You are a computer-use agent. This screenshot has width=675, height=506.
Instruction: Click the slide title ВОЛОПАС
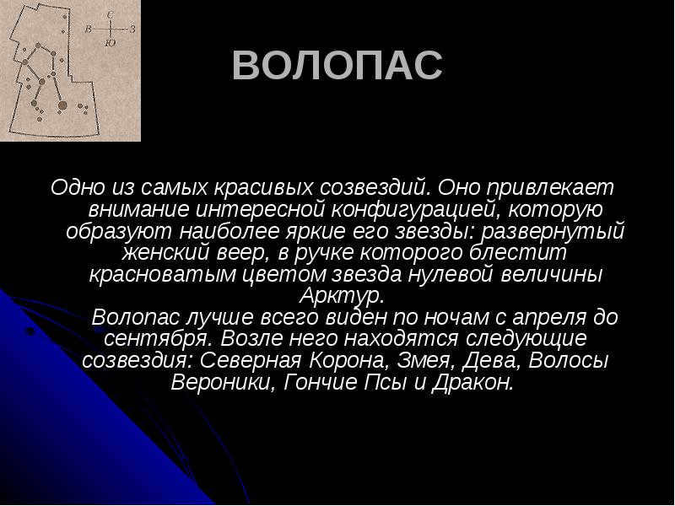pyautogui.click(x=337, y=66)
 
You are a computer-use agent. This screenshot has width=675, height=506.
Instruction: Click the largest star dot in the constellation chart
pyautogui.click(x=62, y=105)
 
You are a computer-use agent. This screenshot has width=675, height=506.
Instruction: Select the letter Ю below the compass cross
pyautogui.click(x=111, y=43)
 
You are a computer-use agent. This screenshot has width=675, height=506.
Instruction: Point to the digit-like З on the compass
pyautogui.click(x=132, y=30)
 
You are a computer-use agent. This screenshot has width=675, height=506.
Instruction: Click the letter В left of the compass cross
pyautogui.click(x=89, y=30)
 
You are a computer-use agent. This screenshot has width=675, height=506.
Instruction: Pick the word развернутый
pyautogui.click(x=553, y=231)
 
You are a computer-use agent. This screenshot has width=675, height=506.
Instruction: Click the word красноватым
pyautogui.click(x=163, y=275)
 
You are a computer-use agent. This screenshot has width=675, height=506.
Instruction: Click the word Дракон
pyautogui.click(x=472, y=382)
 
